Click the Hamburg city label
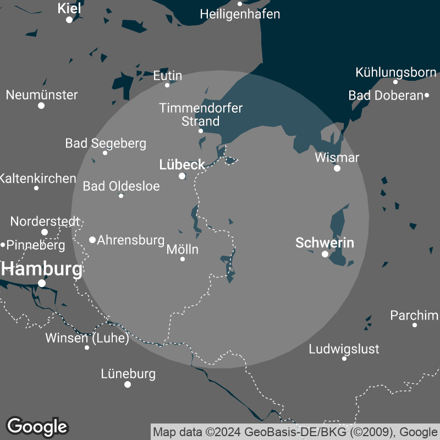pos(43,269)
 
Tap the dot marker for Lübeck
pos(182,176)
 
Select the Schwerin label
pos(324,243)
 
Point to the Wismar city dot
pos(337,168)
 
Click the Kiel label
pos(69,8)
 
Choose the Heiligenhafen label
pos(240,14)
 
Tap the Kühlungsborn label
pos(395,72)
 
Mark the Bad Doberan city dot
pos(427,95)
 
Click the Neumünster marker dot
pos(41,105)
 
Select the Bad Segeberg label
pos(106,144)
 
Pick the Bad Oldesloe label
pos(121,186)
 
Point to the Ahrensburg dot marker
pos(92,240)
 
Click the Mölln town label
pos(182,250)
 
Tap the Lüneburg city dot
pos(128,384)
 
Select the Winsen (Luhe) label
pos(87,338)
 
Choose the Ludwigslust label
pos(344,349)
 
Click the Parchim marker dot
pos(415,325)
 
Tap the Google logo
pos(37,426)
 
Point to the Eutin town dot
pos(167,85)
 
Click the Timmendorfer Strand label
pos(201,114)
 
